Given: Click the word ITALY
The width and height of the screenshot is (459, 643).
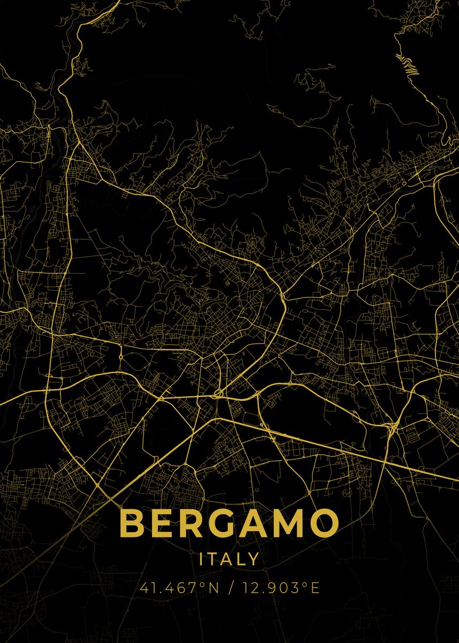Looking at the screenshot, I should (x=229, y=559).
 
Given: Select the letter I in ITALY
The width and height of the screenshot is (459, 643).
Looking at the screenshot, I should (x=201, y=559).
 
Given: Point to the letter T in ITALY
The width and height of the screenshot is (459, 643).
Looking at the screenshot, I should (x=213, y=559).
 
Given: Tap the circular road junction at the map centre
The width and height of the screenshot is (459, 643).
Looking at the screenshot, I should (x=219, y=394).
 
